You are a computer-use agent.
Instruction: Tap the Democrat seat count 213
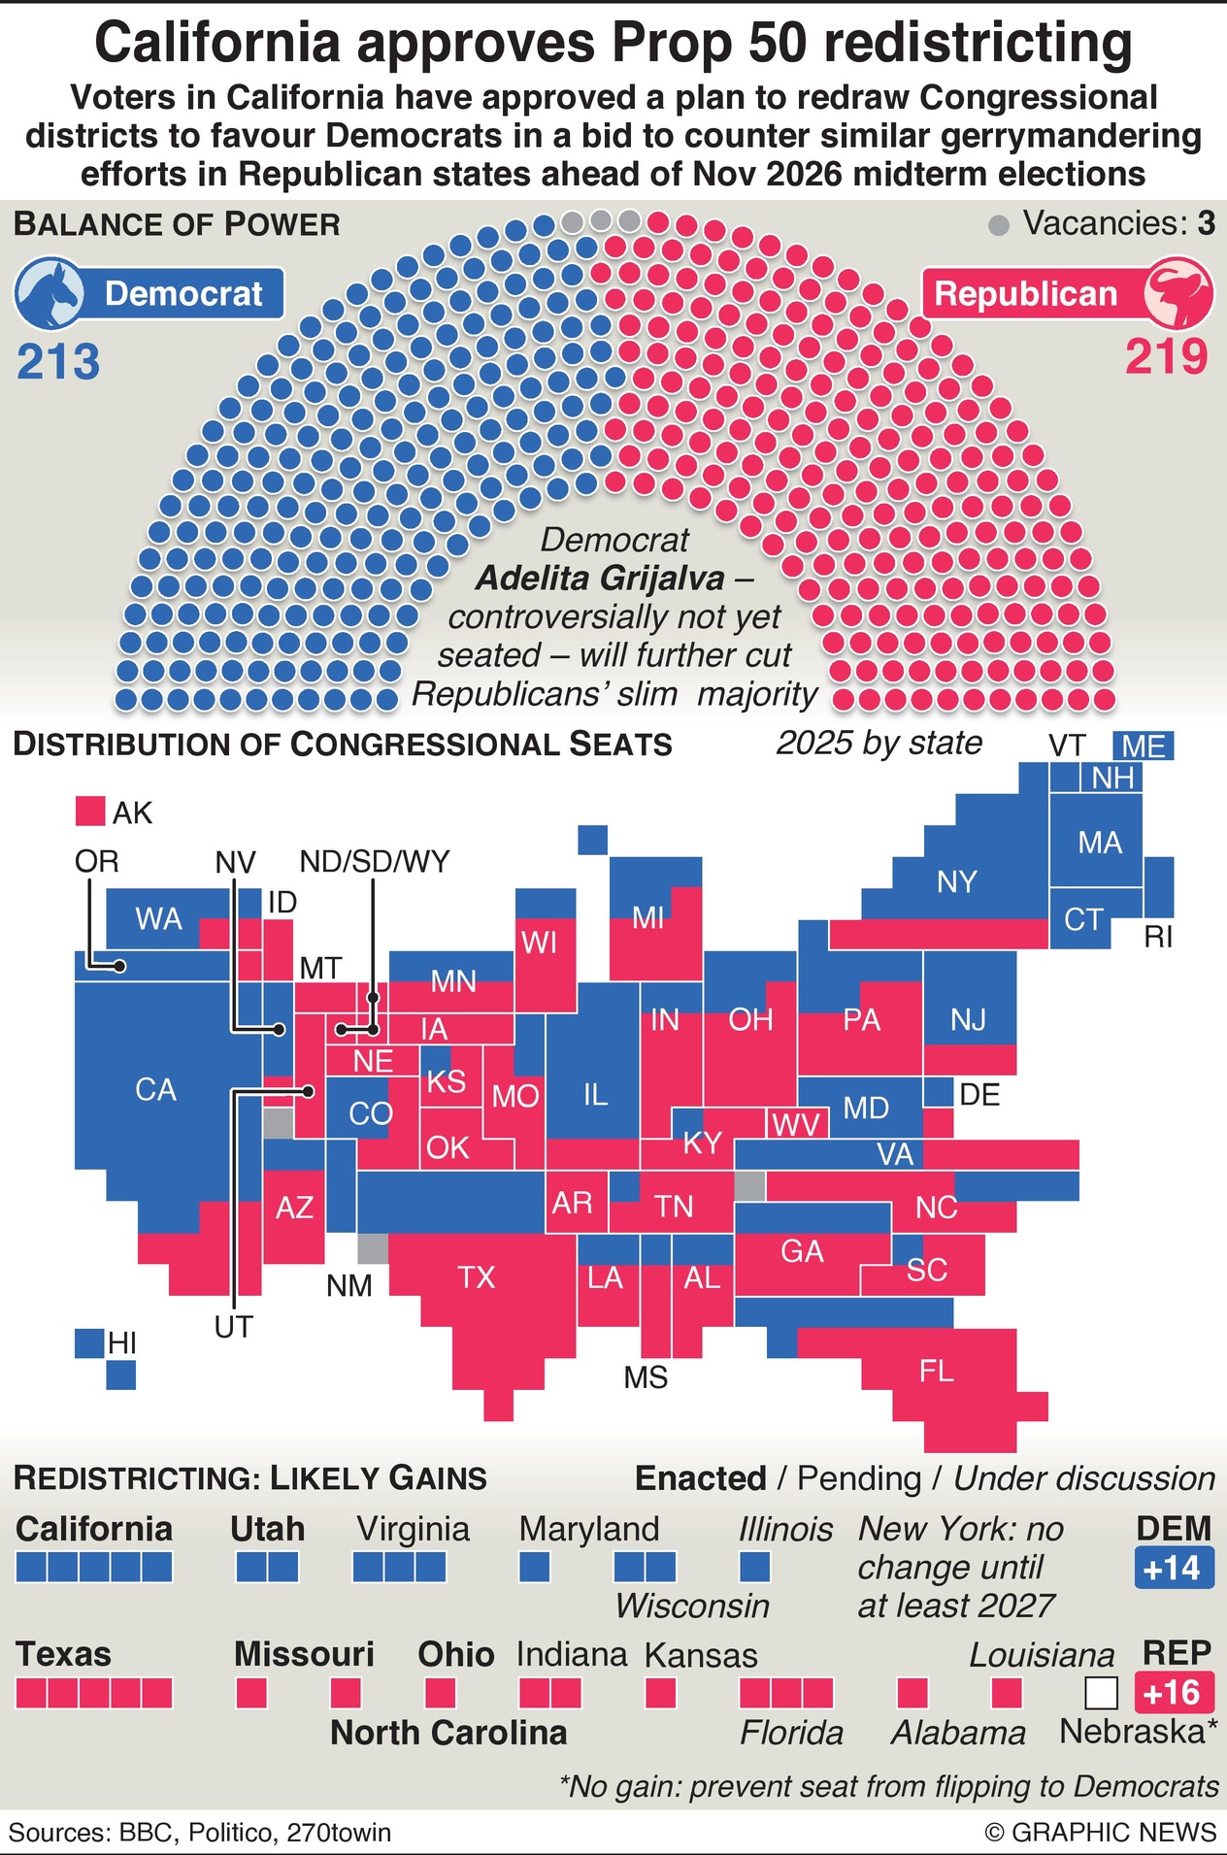click(x=58, y=362)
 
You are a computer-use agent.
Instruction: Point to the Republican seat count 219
click(x=1167, y=357)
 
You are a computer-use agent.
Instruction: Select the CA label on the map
click(x=155, y=1089)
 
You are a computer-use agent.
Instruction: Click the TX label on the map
click(x=476, y=1276)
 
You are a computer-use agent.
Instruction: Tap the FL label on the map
click(x=936, y=1371)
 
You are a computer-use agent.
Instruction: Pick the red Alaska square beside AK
click(x=90, y=812)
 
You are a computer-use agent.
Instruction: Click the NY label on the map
click(x=956, y=881)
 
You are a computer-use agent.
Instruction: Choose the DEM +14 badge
click(x=1174, y=1568)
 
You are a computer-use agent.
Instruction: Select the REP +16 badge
click(x=1174, y=1693)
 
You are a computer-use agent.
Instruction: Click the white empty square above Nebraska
click(x=1101, y=1693)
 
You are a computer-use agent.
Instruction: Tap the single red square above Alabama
click(x=912, y=1693)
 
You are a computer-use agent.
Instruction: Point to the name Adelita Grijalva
click(x=600, y=579)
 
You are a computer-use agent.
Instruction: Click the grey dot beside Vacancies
click(x=998, y=226)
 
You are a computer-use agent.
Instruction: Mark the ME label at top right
click(x=1144, y=746)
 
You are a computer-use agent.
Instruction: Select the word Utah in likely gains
click(x=267, y=1529)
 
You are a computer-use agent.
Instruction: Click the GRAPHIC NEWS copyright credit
click(x=1100, y=1832)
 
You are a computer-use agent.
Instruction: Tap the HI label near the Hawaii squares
click(x=122, y=1343)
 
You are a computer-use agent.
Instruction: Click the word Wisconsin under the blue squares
click(x=692, y=1606)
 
